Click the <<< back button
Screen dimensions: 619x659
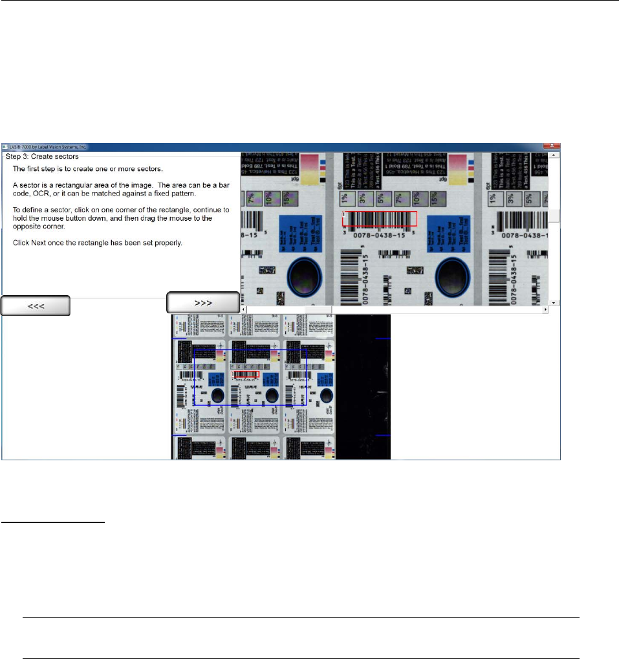point(36,306)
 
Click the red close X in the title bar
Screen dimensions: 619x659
point(553,146)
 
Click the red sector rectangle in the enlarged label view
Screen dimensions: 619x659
point(380,219)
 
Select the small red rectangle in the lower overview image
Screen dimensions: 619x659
point(245,374)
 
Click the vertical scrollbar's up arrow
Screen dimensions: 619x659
point(554,156)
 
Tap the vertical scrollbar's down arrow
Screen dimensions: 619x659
point(554,302)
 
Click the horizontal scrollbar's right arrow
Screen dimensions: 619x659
point(545,310)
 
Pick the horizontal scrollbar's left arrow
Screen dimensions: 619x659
point(244,310)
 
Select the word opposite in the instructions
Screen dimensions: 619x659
point(28,226)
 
